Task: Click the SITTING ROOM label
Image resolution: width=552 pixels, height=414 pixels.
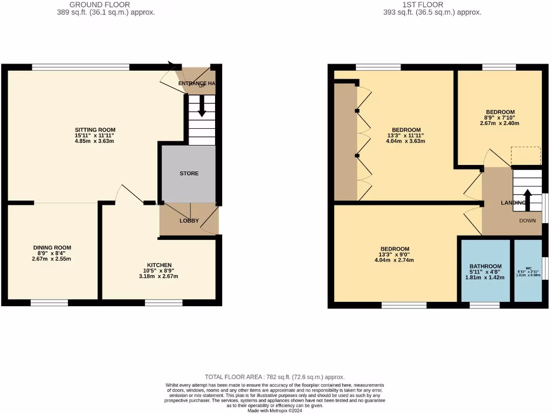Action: coord(95,130)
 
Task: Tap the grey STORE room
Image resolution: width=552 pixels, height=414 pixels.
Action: coord(189,173)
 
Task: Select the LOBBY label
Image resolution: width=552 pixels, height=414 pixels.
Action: coord(189,220)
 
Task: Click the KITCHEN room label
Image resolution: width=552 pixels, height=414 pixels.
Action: coord(160,265)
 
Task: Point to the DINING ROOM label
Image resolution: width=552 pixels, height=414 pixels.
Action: coord(52,248)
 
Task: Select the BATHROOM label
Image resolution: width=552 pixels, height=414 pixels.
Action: coord(485,266)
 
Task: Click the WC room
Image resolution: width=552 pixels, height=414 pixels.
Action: coord(528,271)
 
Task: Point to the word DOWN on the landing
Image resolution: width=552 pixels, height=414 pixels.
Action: coord(527,221)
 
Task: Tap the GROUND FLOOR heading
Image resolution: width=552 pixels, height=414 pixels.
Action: coord(100,4)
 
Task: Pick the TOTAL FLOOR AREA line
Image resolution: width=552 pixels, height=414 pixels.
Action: coord(275,377)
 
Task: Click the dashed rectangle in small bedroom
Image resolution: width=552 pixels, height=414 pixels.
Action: coord(526,156)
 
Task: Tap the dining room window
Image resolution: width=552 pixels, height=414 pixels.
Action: coord(49,303)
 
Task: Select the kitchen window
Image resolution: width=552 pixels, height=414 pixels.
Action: coord(163,303)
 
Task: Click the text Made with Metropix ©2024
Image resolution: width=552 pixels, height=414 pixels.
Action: coord(275,410)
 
